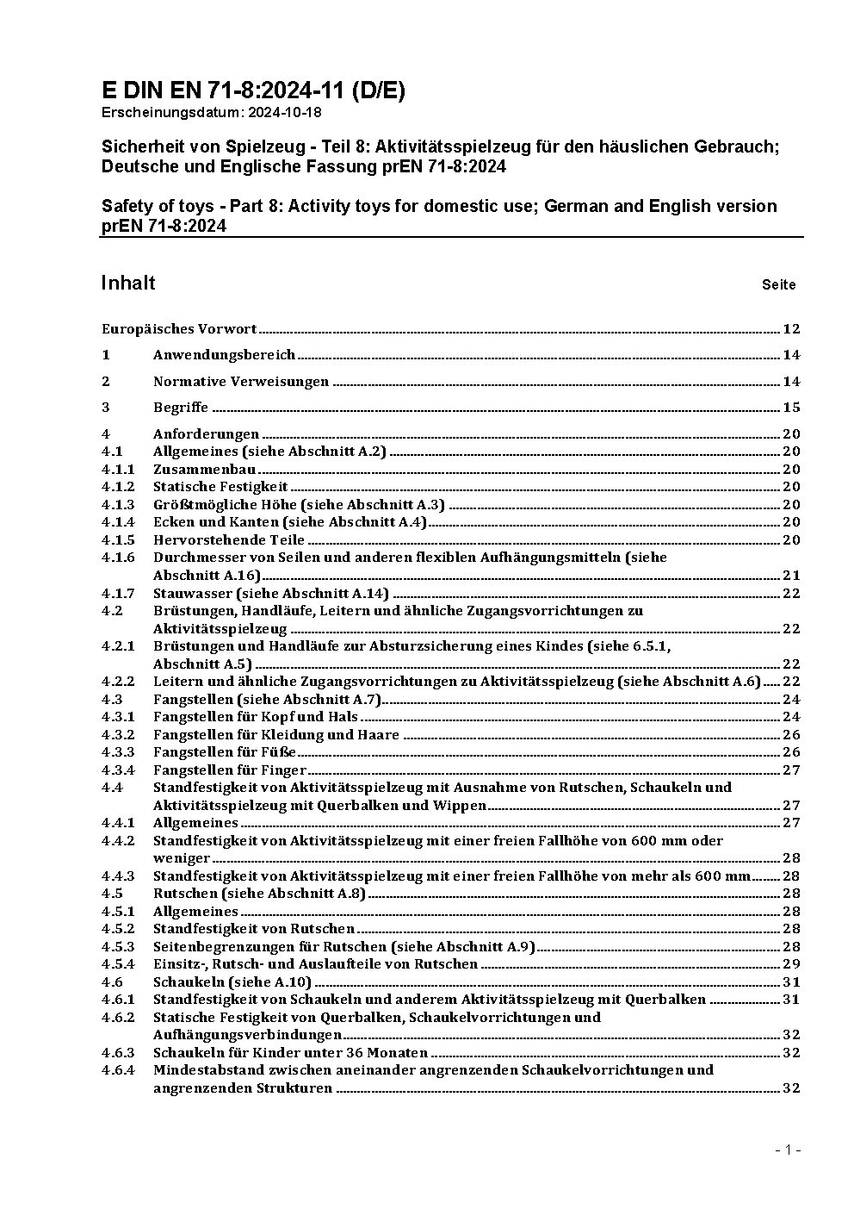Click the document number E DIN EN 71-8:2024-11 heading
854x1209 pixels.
253,91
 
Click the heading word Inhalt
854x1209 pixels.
128,284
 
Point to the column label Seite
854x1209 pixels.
778,285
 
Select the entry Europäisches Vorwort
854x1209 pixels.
179,328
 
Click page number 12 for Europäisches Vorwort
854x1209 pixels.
791,328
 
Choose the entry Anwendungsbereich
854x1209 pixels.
224,354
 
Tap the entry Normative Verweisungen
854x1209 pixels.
240,381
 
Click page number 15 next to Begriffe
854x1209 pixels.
791,407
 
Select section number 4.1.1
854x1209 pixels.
118,469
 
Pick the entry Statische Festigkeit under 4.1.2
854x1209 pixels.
220,487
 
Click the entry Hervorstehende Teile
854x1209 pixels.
228,539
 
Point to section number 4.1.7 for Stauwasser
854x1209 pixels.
118,593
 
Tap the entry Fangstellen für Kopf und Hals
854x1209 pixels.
255,716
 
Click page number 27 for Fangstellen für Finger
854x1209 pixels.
791,770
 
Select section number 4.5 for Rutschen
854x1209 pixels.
112,894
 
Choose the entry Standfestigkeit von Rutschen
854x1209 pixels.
253,929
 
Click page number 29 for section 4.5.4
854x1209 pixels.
791,964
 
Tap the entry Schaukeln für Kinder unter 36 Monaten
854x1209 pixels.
290,1052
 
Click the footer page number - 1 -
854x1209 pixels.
788,1150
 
